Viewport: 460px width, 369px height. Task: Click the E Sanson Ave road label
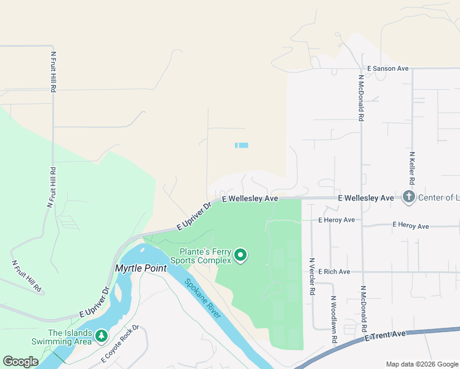(387, 68)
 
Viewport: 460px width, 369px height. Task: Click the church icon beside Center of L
(408, 197)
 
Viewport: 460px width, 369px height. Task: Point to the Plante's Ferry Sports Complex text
(205, 256)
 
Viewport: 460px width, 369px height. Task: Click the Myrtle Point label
(140, 269)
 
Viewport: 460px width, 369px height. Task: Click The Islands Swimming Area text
(70, 337)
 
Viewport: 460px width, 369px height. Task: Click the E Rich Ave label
(334, 272)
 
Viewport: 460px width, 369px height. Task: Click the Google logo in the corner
(20, 362)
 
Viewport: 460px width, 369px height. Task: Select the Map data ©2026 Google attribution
(421, 364)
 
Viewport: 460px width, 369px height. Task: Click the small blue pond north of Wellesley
(242, 145)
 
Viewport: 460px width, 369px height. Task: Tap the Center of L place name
(438, 198)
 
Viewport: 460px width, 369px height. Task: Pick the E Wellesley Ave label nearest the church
(366, 198)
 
